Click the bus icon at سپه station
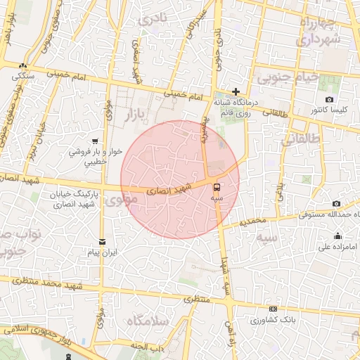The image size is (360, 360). (x=216, y=187)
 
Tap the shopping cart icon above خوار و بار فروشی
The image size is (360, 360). (x=94, y=140)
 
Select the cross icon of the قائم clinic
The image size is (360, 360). (x=236, y=91)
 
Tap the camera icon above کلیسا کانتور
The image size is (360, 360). (x=329, y=100)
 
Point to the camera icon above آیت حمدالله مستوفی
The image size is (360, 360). (x=316, y=204)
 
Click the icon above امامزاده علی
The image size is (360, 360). (x=337, y=236)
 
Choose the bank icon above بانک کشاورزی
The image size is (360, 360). (x=273, y=308)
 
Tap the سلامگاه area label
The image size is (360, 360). (x=148, y=321)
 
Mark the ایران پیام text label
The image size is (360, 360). (x=103, y=252)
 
